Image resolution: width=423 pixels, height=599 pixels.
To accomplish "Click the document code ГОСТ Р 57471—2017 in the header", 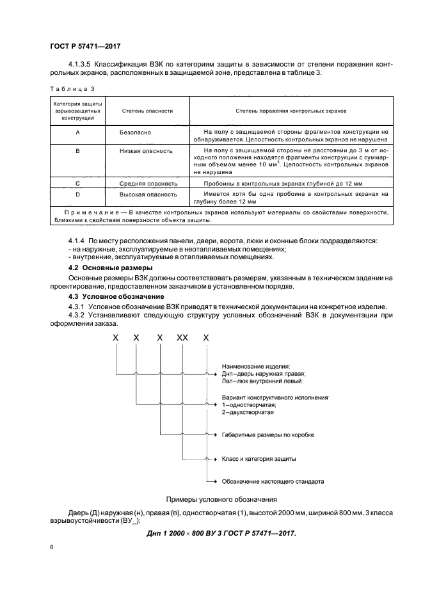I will pyautogui.click(x=85, y=47).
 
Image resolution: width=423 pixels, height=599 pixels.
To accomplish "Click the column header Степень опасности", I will pyautogui.click(x=147, y=111).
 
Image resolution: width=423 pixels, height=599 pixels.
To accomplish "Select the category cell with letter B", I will pyautogui.click(x=77, y=151).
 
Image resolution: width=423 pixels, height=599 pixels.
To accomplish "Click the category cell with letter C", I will pyautogui.click(x=77, y=183).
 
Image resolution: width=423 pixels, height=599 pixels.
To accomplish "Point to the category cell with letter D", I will pyautogui.click(x=77, y=193).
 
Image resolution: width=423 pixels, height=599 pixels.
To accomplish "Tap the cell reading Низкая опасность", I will pyautogui.click(x=146, y=151).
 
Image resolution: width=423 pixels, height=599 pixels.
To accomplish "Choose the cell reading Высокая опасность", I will pyautogui.click(x=148, y=193).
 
